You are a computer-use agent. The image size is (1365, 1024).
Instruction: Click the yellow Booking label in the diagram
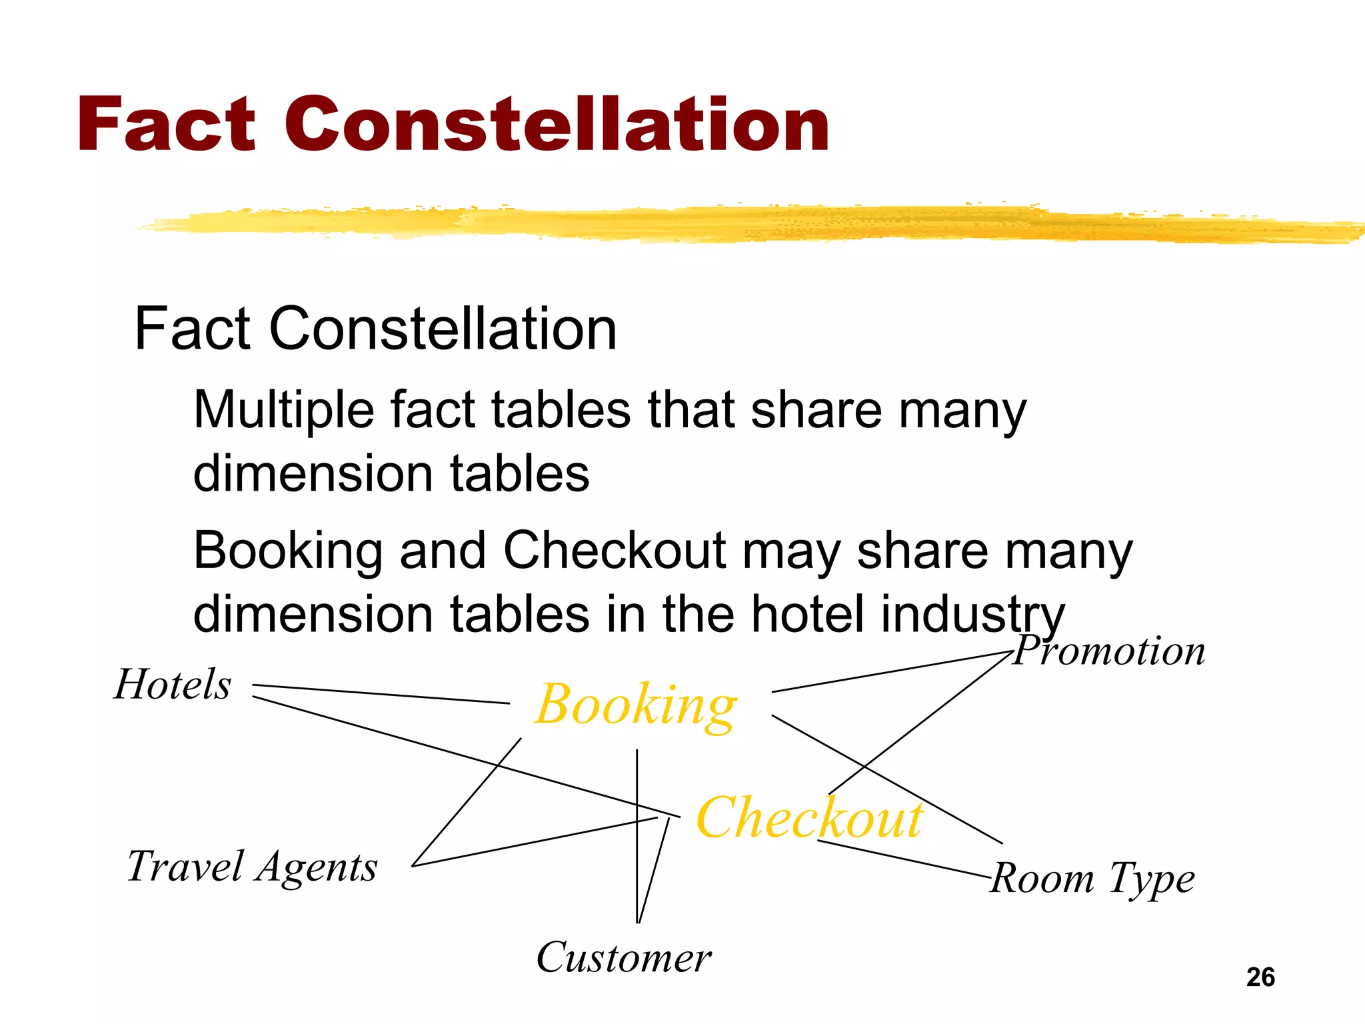pyautogui.click(x=637, y=705)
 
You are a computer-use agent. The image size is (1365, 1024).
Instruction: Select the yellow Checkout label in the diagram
pyautogui.click(x=809, y=818)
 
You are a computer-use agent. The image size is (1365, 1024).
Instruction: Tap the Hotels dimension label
pyautogui.click(x=173, y=685)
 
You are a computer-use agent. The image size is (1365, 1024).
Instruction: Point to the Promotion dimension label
pyautogui.click(x=1110, y=651)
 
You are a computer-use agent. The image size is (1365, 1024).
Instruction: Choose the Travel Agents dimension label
pyautogui.click(x=252, y=867)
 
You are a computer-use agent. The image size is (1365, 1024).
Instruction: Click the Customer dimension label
pyautogui.click(x=624, y=958)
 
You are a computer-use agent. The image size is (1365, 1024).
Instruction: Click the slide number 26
pyautogui.click(x=1260, y=977)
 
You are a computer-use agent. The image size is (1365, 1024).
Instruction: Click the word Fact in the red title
pyautogui.click(x=166, y=125)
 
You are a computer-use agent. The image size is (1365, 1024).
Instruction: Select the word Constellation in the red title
pyautogui.click(x=557, y=125)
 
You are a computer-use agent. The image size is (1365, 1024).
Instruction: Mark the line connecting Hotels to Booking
pyautogui.click(x=380, y=694)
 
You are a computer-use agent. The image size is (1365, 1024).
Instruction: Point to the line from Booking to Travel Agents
pyautogui.click(x=467, y=802)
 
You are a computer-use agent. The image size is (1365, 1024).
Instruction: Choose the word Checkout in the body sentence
pyautogui.click(x=614, y=551)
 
